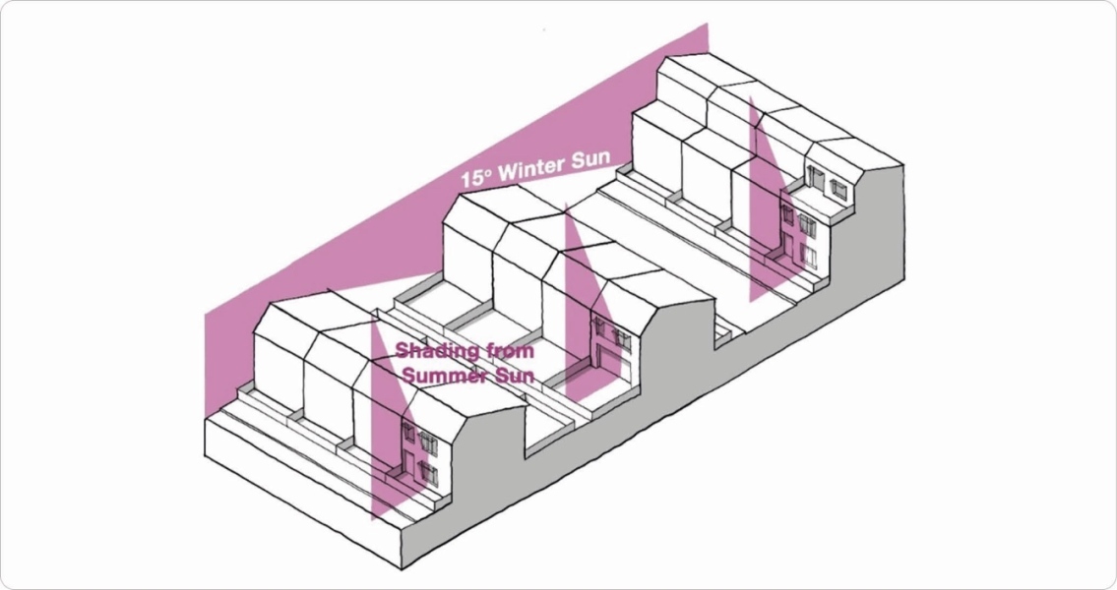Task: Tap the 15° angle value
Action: tap(477, 180)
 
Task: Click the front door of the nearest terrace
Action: tap(409, 463)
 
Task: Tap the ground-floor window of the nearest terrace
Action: tap(429, 472)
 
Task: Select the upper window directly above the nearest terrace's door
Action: tap(409, 434)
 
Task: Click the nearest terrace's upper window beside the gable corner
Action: tap(429, 442)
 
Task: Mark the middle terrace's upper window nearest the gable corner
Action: tap(622, 337)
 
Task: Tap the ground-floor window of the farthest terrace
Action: tap(808, 256)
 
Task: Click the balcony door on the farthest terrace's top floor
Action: tap(816, 178)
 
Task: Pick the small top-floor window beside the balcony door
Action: tap(838, 187)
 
